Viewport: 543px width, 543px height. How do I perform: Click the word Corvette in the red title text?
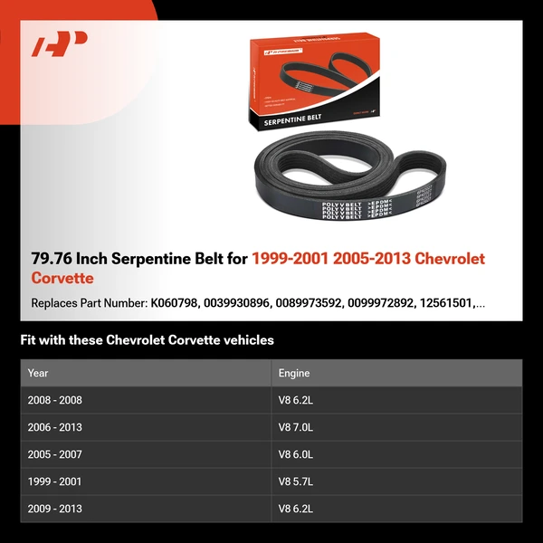62,278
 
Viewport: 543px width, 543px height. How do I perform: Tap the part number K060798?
179,303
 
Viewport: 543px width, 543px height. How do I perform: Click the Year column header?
38,373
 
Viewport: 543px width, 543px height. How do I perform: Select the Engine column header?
294,373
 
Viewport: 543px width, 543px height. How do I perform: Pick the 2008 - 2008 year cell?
54,400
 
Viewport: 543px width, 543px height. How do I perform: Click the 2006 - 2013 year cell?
54,427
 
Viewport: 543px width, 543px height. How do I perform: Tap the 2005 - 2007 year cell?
54,454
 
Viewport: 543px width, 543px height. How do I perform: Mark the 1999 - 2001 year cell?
54,481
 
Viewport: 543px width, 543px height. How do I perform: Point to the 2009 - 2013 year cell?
54,509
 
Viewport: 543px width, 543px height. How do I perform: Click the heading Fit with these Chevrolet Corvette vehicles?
147,340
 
